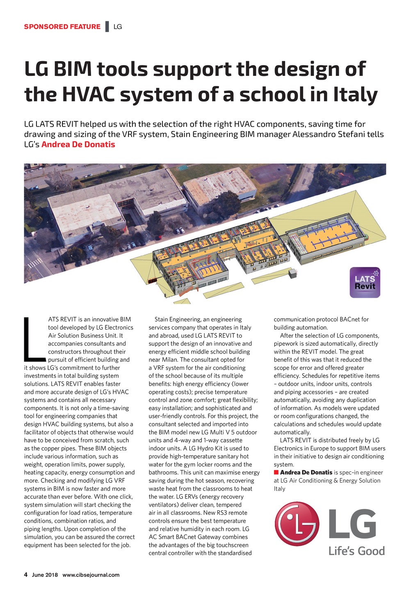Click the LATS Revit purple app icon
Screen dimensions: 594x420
pyautogui.click(x=365, y=282)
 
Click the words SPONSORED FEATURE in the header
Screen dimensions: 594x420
pyautogui.click(x=62, y=27)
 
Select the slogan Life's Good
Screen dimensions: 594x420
pyautogui.click(x=356, y=551)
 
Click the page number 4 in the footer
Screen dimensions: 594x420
pyautogui.click(x=26, y=575)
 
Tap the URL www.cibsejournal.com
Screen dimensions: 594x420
pyautogui.click(x=91, y=575)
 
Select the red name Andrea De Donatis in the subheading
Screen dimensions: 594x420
pyautogui.click(x=78, y=144)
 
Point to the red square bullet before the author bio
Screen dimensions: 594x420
pyautogui.click(x=276, y=472)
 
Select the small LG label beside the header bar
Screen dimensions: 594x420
pyautogui.click(x=118, y=27)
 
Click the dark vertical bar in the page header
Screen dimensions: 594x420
pyautogui.click(x=107, y=27)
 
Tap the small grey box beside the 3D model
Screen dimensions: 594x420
pyautogui.click(x=293, y=274)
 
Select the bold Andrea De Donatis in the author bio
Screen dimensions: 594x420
pyautogui.click(x=306, y=472)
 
